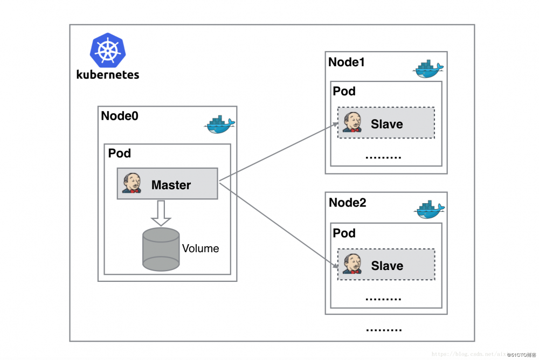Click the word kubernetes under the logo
tap(108, 74)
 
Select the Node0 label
tap(120, 116)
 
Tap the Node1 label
tap(347, 62)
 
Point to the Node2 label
tap(347, 203)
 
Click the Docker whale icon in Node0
tap(219, 124)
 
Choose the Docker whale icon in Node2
tap(429, 210)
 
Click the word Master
tap(171, 185)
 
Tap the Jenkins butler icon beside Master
tap(132, 183)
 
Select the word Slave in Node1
tap(386, 124)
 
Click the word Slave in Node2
tap(387, 266)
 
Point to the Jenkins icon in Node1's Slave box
tap(352, 123)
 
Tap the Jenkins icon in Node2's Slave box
tap(353, 265)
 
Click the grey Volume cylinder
tap(161, 249)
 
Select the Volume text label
tap(201, 248)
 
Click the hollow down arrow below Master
tap(161, 213)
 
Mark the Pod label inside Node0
tap(120, 153)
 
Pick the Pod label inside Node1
tap(344, 91)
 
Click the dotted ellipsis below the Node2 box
tap(384, 329)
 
